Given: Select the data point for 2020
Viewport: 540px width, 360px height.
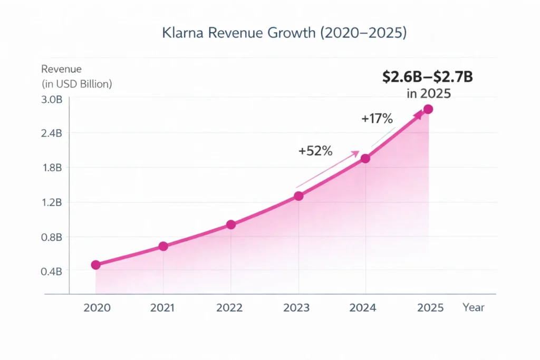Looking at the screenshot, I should coord(95,265).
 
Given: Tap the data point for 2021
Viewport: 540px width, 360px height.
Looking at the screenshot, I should coord(163,246).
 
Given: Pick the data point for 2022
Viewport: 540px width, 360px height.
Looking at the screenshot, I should coord(230,225).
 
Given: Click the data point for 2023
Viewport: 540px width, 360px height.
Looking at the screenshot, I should coord(298,196).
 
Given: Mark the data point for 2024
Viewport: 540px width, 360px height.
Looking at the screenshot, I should coord(365,158).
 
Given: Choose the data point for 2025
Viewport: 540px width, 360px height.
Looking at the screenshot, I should coord(428,109).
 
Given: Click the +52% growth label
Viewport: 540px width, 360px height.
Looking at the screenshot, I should coord(315,151).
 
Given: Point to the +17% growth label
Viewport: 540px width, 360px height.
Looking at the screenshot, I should coord(377,119).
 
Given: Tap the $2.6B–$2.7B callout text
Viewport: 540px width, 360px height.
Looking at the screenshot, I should coord(427,77).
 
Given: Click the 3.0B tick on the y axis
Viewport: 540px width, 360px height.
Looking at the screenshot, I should coord(52,100).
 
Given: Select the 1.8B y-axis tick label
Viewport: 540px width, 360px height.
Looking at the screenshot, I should coord(52,168).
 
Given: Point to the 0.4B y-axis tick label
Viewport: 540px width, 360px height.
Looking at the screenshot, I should coord(52,271).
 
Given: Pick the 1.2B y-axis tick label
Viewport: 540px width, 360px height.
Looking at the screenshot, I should coord(52,202).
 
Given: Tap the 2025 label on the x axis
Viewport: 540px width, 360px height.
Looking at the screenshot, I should coord(430,308).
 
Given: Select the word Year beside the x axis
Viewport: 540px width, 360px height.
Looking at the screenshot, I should coord(473,307).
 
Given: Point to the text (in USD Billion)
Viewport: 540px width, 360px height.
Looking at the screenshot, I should coord(76,84).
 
